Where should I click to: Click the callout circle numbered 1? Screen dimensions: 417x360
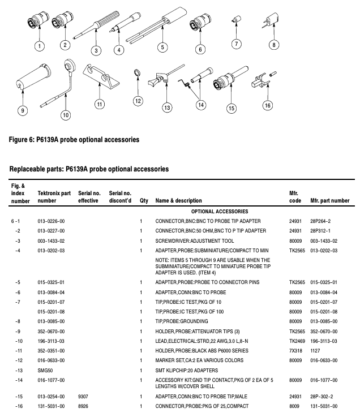(x=39, y=45)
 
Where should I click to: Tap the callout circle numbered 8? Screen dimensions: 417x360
(x=274, y=45)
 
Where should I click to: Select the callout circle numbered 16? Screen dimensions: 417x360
(x=268, y=105)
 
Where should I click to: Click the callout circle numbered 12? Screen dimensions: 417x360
(x=138, y=101)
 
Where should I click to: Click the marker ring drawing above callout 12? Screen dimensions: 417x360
(x=137, y=73)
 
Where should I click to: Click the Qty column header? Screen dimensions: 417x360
(x=143, y=200)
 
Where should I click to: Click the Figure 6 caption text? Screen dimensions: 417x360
(x=74, y=139)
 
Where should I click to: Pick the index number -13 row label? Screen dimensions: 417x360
(x=19, y=370)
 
